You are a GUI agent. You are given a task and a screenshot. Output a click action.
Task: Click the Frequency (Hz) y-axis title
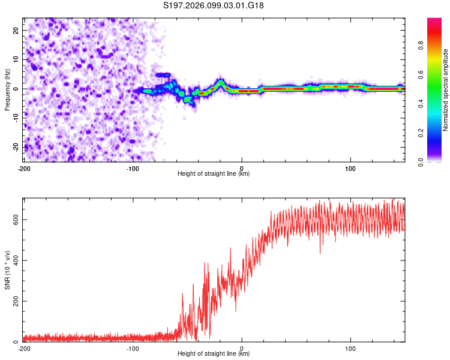click(x=7, y=89)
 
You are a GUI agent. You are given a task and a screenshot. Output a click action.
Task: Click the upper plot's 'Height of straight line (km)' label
click(x=214, y=174)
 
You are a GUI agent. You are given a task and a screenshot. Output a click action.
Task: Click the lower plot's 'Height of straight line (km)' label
click(x=214, y=354)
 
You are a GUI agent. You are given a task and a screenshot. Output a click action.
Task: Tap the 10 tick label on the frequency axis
click(x=16, y=59)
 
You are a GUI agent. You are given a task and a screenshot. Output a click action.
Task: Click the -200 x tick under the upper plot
click(x=24, y=168)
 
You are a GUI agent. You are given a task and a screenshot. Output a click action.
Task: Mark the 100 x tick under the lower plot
click(x=350, y=348)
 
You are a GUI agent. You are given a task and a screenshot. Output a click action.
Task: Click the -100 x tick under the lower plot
click(x=133, y=348)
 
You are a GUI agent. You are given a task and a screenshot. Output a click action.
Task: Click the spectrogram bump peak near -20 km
click(x=221, y=82)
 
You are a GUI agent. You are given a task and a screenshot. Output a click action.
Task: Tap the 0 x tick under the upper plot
click(x=242, y=168)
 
